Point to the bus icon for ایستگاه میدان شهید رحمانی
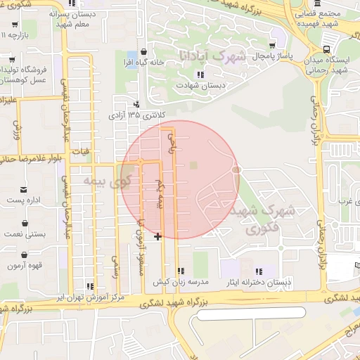tap(326, 49)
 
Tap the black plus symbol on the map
tap(157, 236)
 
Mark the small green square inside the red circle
tap(193, 165)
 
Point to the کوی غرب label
tap(344, 202)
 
